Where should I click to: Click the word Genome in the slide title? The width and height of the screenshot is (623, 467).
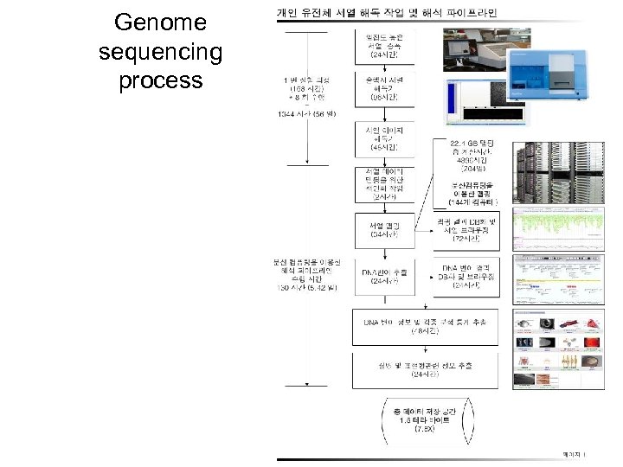pos(160,22)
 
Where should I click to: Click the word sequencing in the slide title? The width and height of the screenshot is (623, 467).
pos(160,52)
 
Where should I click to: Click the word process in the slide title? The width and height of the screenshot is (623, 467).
pos(160,81)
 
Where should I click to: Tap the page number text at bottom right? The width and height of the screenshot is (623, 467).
pos(573,453)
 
